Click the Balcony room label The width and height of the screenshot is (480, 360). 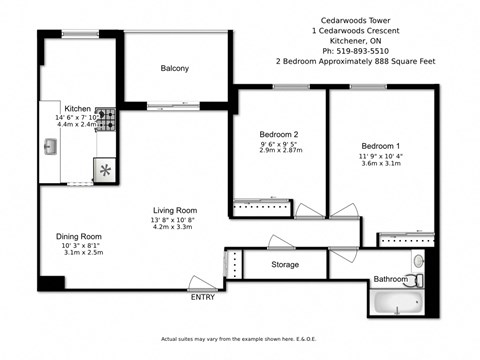tap(176, 68)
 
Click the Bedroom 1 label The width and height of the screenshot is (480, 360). tap(380, 143)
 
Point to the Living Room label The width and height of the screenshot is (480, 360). tap(174, 210)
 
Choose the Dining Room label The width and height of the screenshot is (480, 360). tap(77, 237)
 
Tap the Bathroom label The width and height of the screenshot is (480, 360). tap(390, 279)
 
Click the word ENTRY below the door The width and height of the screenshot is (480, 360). tap(201, 297)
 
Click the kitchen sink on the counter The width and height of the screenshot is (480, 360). tap(51, 147)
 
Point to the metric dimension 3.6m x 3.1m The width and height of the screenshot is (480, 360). tap(380, 164)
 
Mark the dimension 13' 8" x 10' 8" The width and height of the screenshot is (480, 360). tap(174, 220)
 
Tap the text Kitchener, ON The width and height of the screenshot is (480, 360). tap(354, 39)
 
